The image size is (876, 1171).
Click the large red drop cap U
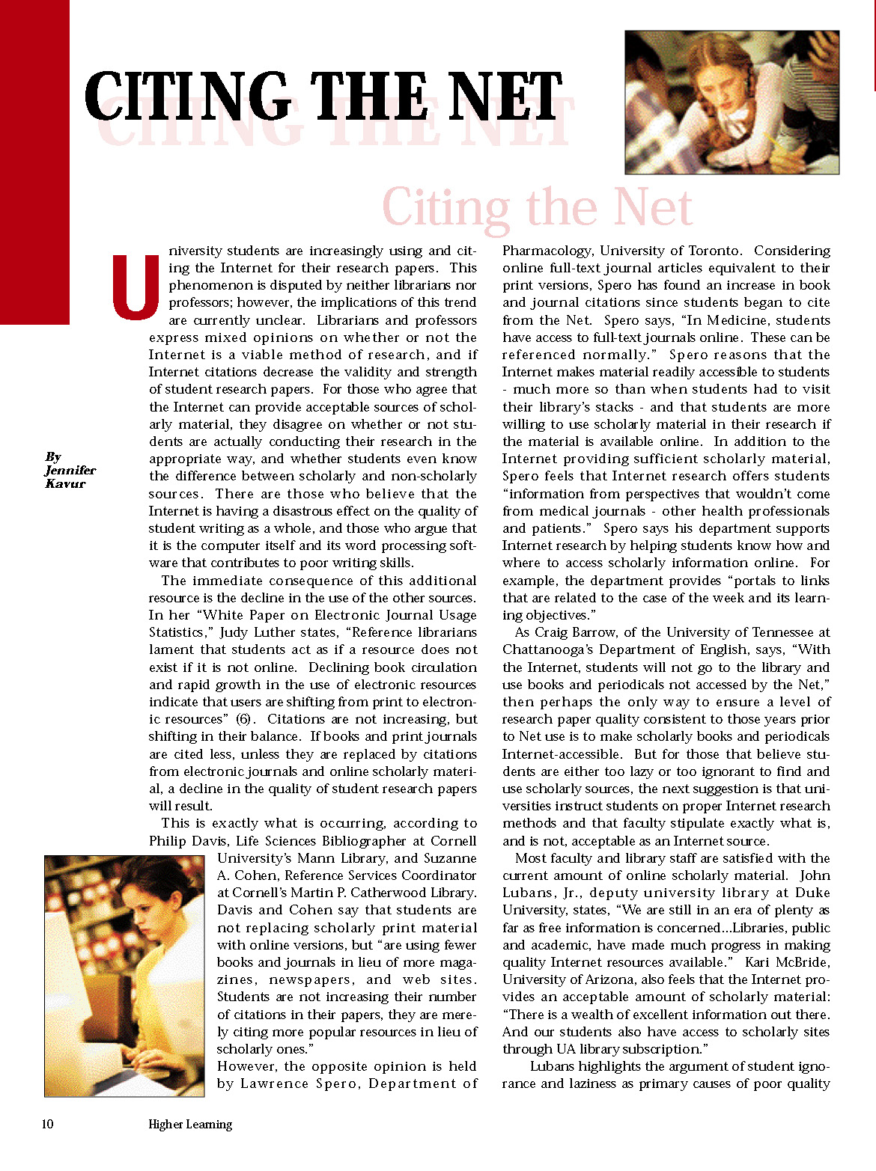click(135, 287)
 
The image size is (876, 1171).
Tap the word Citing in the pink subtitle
click(446, 208)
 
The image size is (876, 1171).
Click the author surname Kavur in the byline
click(65, 483)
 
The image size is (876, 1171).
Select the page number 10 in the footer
click(47, 1124)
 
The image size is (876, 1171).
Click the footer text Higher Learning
click(190, 1124)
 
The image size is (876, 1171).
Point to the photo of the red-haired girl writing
click(731, 103)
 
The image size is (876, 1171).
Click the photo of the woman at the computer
click(124, 976)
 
